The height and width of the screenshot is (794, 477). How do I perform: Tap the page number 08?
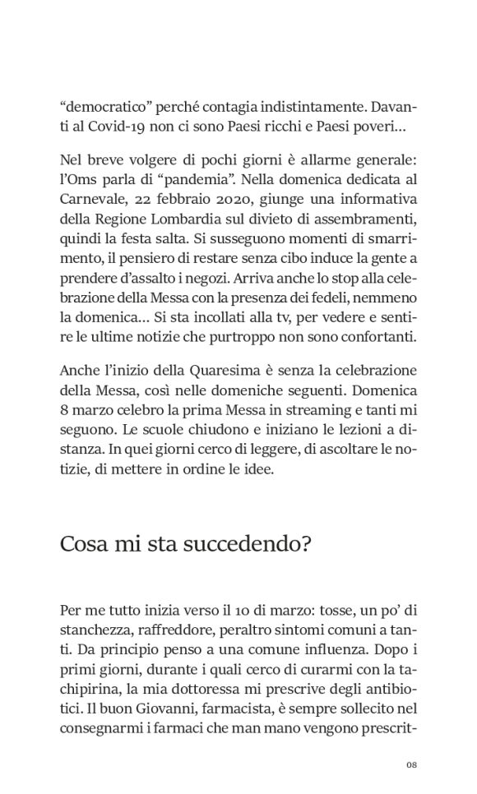413,766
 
